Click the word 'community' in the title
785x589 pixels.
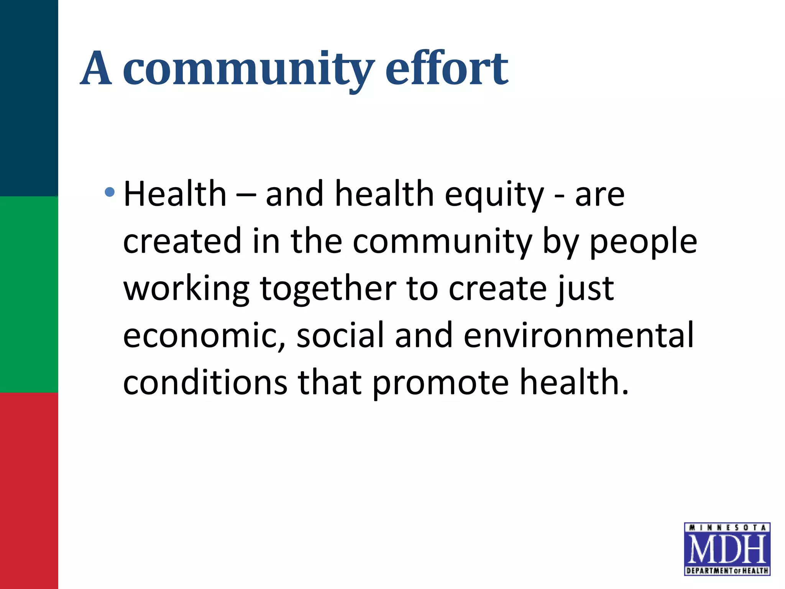[x=248, y=69]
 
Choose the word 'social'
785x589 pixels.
[x=340, y=335]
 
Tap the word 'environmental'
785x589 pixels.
[x=579, y=335]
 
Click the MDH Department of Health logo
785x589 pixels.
[x=727, y=549]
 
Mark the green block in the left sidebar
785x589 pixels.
[x=29, y=294]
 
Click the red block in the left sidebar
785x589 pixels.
[x=29, y=491]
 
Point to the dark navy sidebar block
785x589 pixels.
[x=29, y=98]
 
